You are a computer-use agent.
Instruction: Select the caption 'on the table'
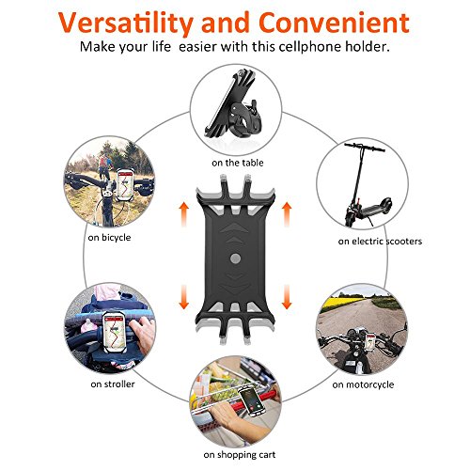pyautogui.click(x=236, y=163)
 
